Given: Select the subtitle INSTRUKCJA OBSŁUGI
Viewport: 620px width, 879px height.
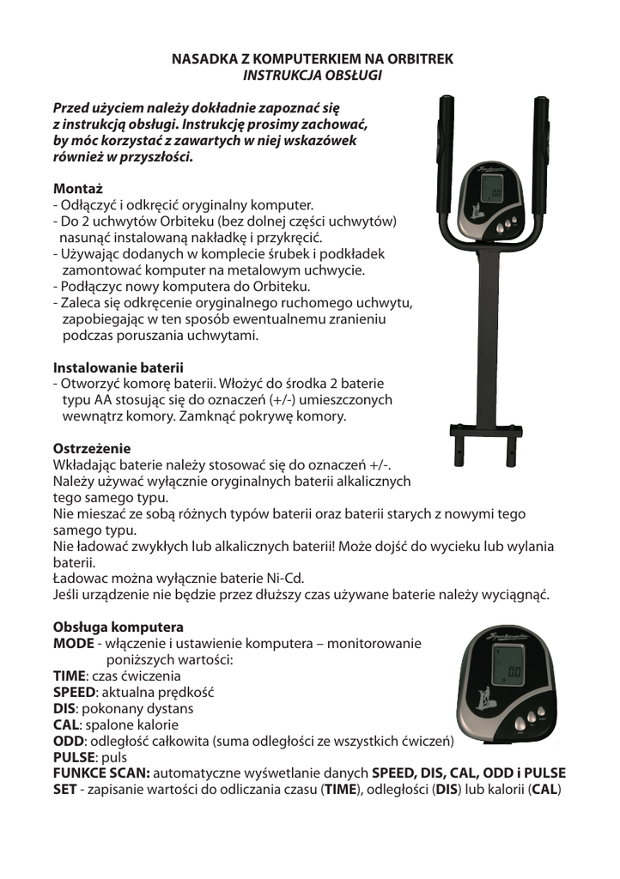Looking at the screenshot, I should (313, 75).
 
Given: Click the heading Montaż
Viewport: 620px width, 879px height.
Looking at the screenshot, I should (77, 189).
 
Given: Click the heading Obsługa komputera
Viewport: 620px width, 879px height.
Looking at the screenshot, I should (119, 627).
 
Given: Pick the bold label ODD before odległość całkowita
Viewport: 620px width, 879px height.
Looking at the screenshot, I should (68, 741).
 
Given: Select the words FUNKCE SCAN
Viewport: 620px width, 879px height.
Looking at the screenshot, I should (101, 773).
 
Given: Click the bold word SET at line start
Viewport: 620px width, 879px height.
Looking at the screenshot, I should (64, 790).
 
